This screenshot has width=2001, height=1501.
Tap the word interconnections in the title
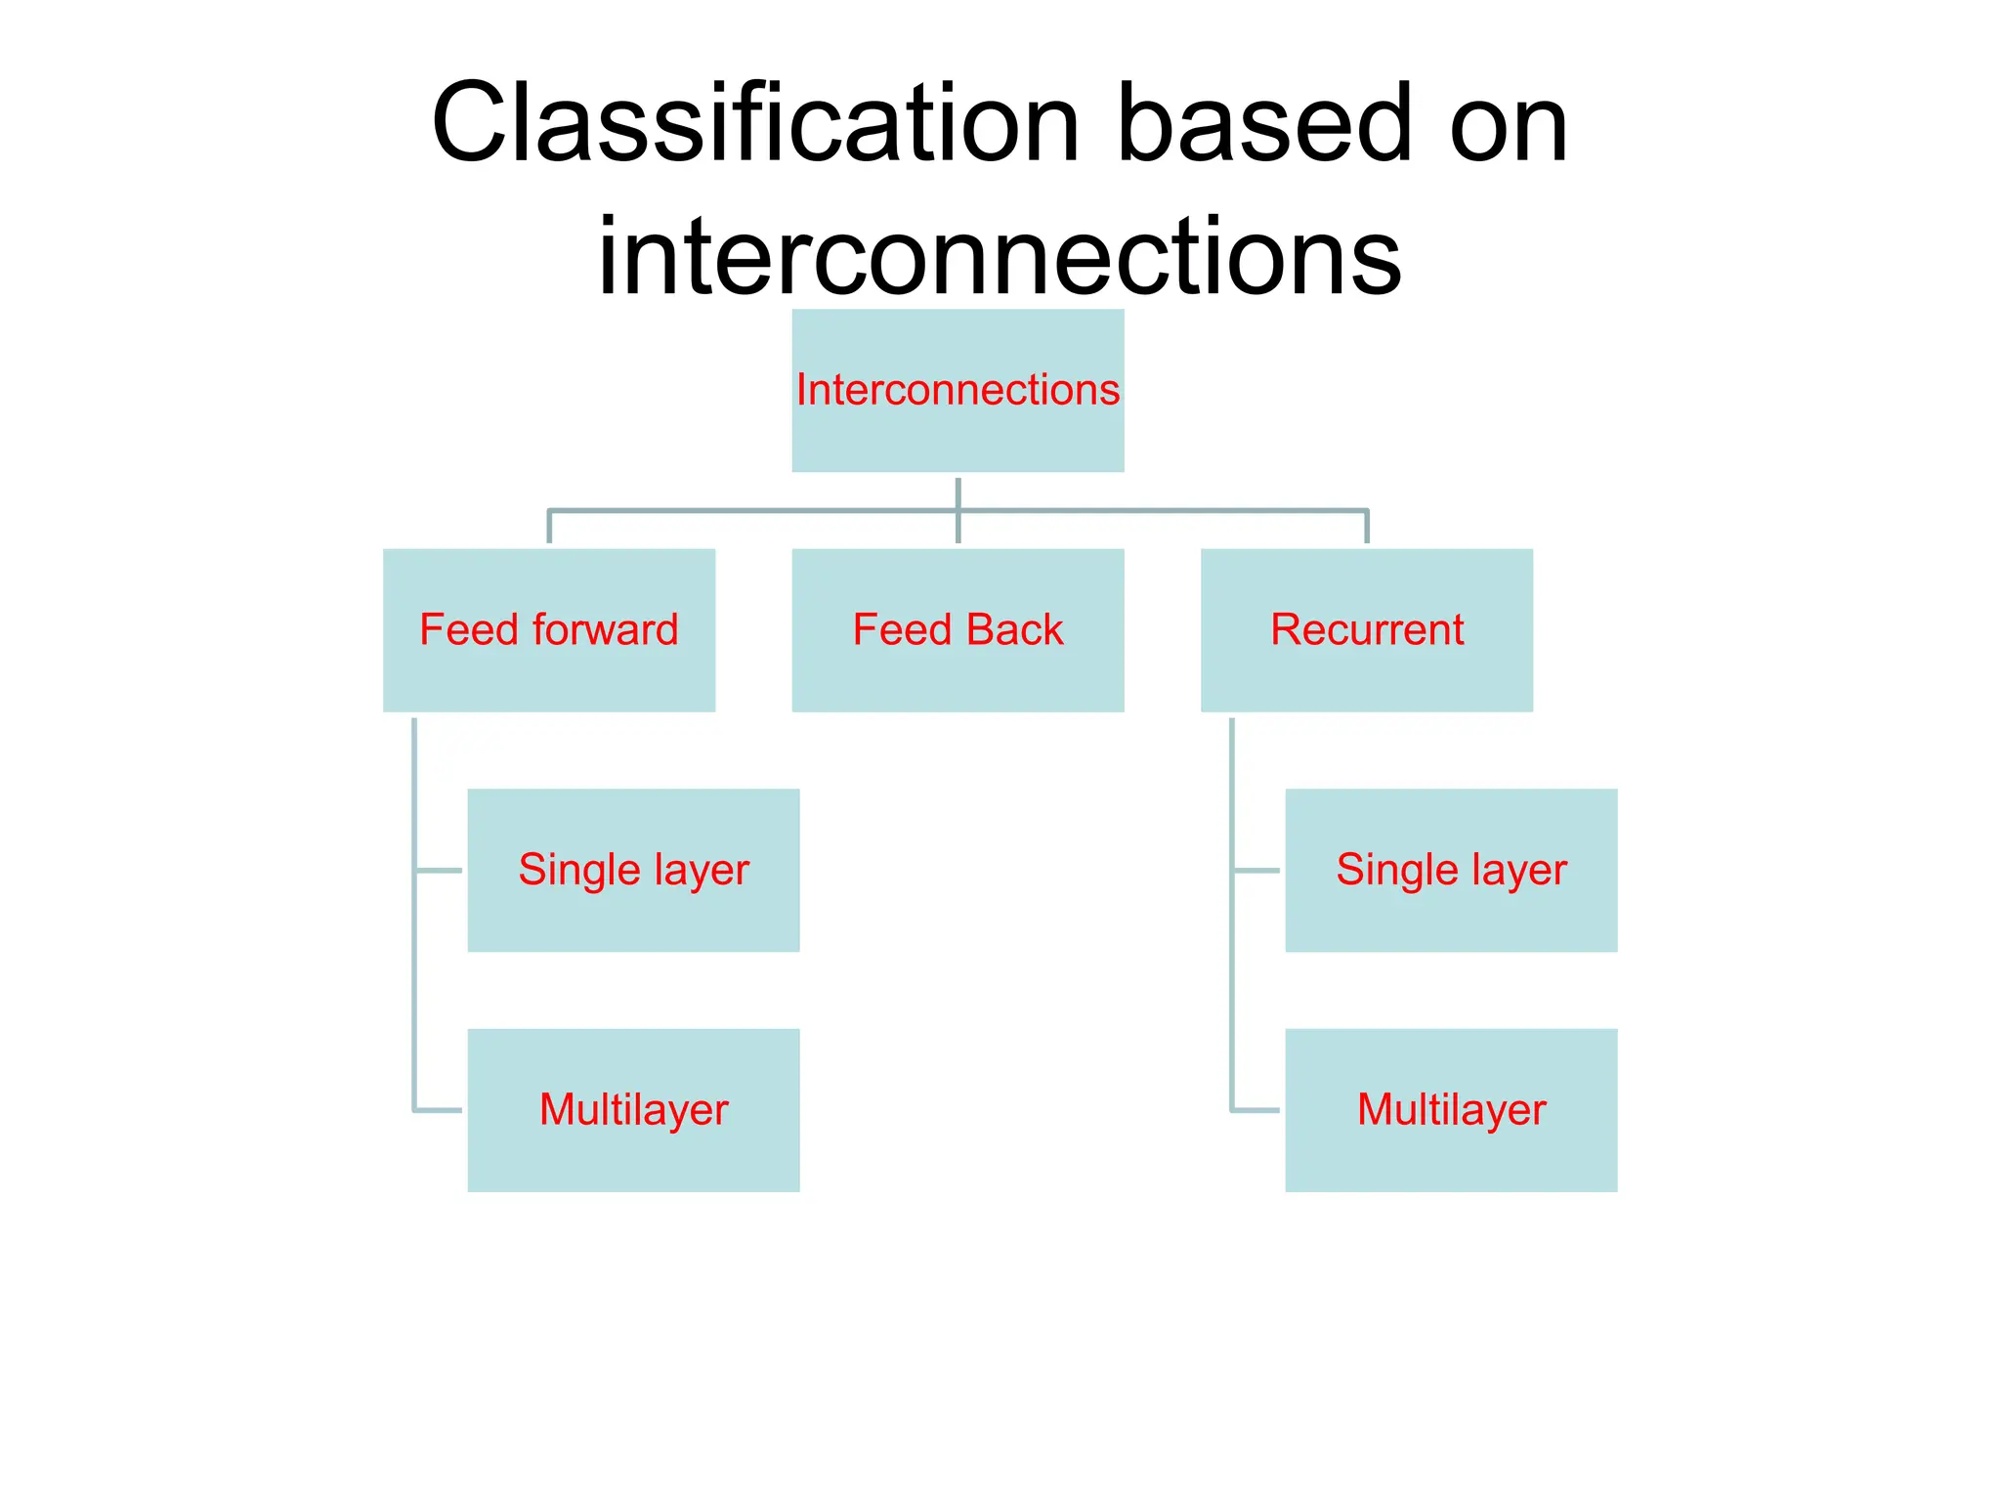(x=999, y=256)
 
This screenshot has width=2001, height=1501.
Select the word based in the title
(x=1264, y=125)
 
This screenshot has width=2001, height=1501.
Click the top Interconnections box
(x=958, y=391)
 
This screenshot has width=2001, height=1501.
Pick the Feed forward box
(x=549, y=630)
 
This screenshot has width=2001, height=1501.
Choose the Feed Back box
(x=958, y=630)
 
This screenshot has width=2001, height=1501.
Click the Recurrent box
(x=1366, y=630)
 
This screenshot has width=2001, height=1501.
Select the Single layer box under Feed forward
(x=633, y=870)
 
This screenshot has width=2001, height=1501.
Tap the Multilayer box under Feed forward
(x=633, y=1110)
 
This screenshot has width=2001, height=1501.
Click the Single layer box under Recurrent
(x=1451, y=870)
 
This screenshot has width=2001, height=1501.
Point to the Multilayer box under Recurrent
(x=1451, y=1110)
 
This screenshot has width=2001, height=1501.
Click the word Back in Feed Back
(x=1015, y=630)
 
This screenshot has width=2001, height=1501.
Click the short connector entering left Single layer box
(x=439, y=870)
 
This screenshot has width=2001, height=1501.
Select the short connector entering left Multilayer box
(x=439, y=1110)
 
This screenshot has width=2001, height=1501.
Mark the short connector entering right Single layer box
(x=1256, y=870)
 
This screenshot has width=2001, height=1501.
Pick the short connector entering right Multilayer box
(x=1256, y=1110)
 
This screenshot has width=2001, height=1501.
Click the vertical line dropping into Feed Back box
(x=958, y=528)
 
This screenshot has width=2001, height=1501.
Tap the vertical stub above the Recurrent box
(x=1366, y=528)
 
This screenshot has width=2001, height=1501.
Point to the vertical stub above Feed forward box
(x=549, y=528)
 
